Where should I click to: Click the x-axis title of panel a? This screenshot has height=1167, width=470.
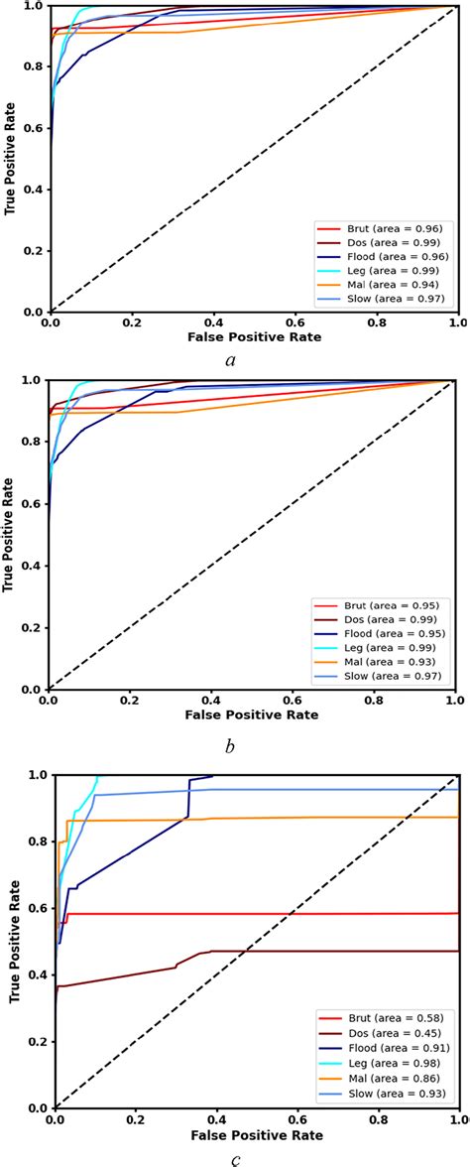pos(254,337)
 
